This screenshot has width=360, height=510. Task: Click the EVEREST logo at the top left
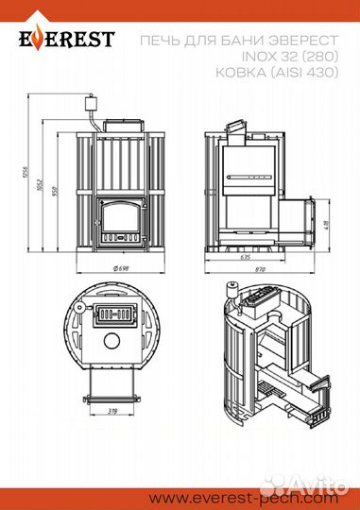(63, 39)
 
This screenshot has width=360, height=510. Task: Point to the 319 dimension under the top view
(113, 413)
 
